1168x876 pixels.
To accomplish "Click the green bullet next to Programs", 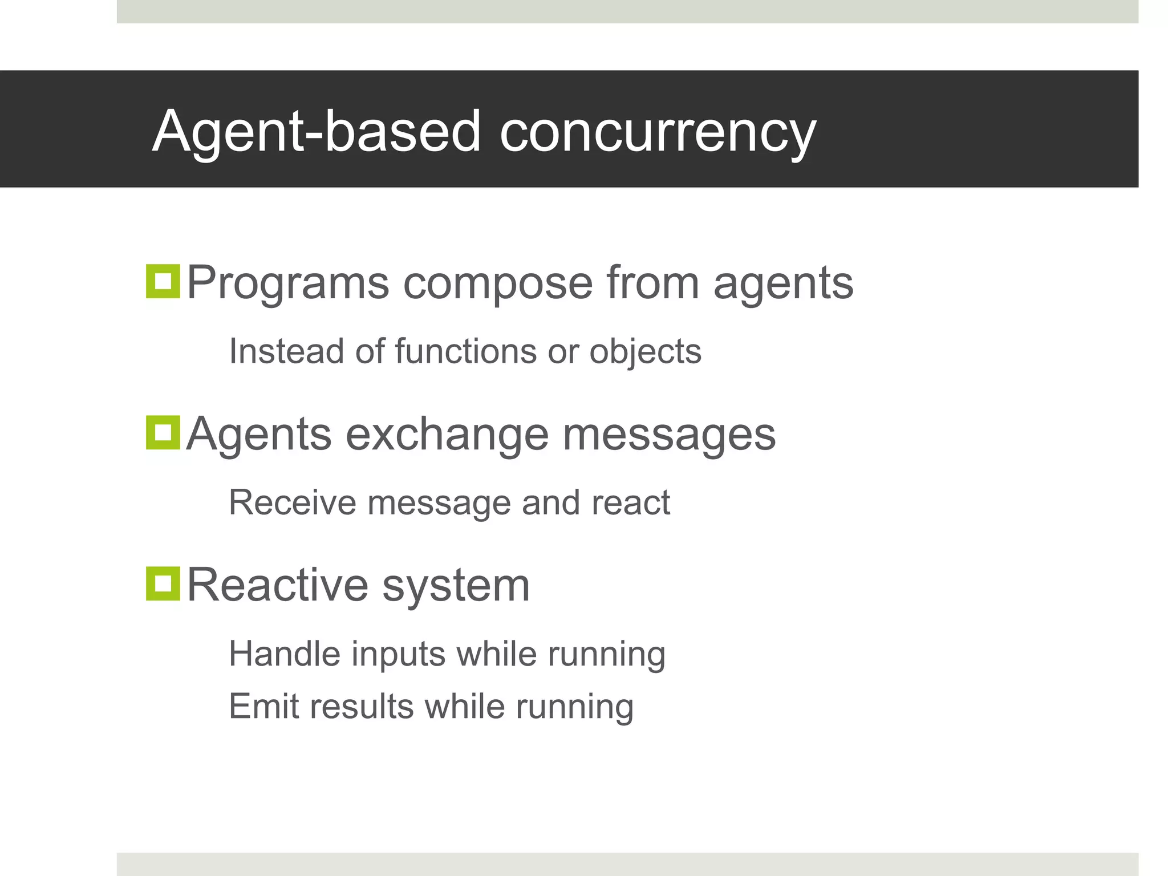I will coord(163,281).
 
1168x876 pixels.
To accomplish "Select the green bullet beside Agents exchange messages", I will coord(163,432).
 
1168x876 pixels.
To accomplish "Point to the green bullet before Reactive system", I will coord(163,583).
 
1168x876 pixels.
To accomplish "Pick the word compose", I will coord(498,283).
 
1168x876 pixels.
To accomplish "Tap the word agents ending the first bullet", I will coord(783,283).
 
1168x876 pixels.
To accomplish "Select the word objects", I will coord(645,352).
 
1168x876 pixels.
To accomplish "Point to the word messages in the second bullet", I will coord(669,435).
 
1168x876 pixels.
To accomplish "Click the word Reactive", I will coord(278,585).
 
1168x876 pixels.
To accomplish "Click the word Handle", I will coord(283,654).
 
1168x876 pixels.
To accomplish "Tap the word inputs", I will coord(398,654).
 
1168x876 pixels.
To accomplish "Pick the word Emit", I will coord(264,706).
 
